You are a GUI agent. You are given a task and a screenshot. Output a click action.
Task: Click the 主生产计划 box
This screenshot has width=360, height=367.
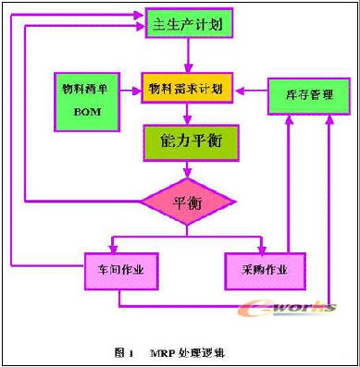click(189, 23)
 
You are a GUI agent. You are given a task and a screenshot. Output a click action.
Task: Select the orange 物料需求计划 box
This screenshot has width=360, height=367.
click(187, 88)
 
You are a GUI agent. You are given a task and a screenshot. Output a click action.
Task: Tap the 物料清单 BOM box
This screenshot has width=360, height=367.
click(87, 102)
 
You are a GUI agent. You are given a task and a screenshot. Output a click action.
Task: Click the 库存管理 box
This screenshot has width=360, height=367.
click(309, 96)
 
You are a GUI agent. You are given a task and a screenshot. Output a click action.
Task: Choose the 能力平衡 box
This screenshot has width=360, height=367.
click(191, 142)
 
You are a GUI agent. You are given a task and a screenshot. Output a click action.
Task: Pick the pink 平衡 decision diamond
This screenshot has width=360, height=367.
click(188, 202)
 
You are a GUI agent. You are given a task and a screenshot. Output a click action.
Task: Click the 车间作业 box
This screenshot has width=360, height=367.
click(121, 271)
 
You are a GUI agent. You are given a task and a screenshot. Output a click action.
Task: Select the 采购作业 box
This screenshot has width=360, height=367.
click(266, 271)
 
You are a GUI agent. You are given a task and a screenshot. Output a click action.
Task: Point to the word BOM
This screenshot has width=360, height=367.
click(87, 112)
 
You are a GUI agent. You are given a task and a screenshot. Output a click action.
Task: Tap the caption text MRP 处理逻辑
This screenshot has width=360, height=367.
click(187, 352)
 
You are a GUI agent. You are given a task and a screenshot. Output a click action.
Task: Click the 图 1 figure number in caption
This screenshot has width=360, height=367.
click(124, 352)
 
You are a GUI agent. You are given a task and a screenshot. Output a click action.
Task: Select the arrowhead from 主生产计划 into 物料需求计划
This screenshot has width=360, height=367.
click(188, 68)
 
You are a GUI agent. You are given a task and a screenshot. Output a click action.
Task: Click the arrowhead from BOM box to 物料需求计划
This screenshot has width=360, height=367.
click(136, 91)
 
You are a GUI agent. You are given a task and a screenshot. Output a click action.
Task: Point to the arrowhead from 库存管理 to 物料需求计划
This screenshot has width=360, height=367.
click(241, 91)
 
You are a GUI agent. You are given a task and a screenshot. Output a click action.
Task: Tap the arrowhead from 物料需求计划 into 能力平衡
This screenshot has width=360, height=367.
click(188, 120)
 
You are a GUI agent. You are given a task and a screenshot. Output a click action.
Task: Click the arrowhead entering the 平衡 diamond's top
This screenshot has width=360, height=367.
click(188, 174)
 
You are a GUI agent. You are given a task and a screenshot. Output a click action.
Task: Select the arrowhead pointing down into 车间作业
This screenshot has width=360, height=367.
click(113, 249)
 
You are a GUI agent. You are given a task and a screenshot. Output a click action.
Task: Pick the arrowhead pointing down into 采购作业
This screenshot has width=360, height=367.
click(262, 249)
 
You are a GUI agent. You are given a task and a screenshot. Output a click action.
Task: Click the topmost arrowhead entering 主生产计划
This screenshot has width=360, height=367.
click(140, 15)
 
